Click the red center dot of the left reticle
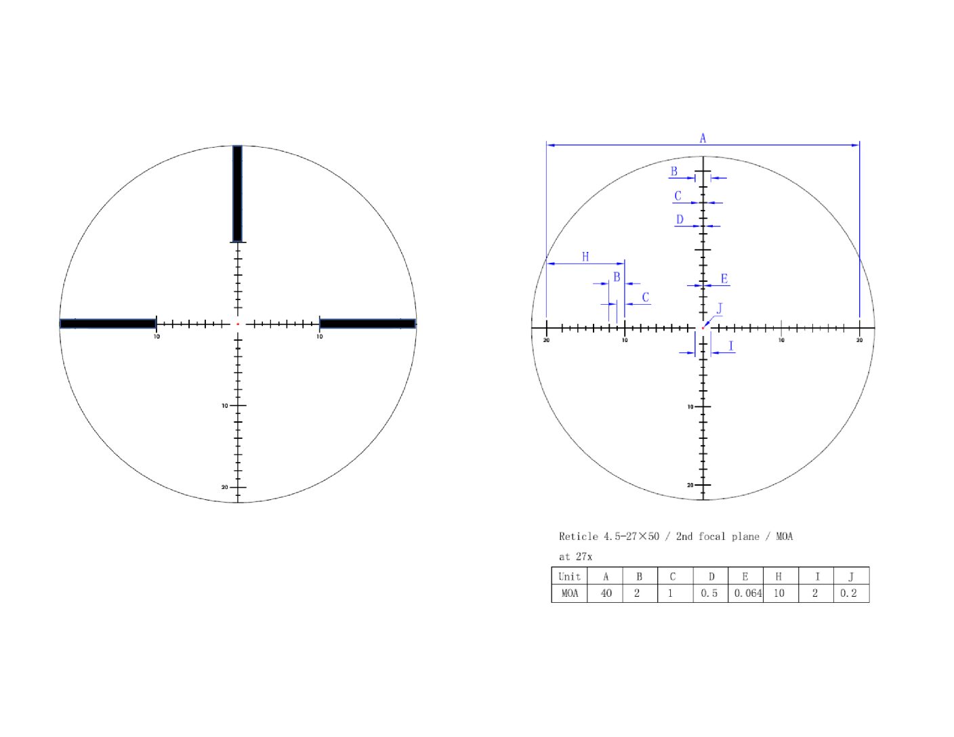238,324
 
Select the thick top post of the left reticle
237,194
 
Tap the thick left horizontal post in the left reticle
108,324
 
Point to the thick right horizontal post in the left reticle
367,324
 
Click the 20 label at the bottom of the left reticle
225,487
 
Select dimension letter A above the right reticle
703,138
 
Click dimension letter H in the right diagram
585,257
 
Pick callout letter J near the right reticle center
720,309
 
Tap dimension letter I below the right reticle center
730,346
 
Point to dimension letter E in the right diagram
724,279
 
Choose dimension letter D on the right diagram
680,219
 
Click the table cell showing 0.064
747,593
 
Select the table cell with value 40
606,593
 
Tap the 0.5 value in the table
709,593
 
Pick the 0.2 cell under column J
848,593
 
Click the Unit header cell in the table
569,576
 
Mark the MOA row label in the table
570,593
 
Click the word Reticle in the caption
578,536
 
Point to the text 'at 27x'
575,557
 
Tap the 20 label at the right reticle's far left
546,340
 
